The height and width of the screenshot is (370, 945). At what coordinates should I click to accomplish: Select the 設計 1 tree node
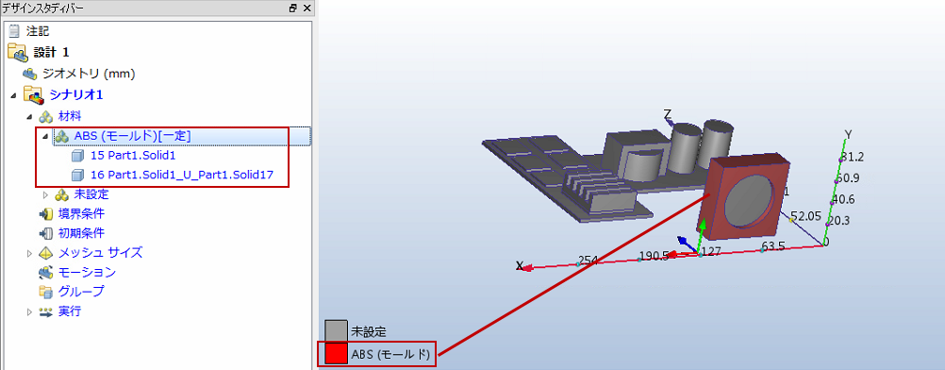coord(51,53)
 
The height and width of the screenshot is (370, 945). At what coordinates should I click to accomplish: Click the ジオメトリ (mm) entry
coord(88,75)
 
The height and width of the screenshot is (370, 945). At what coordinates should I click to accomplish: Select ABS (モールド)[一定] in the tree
coord(133,137)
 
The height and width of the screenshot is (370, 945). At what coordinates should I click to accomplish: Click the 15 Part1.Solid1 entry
coord(133,156)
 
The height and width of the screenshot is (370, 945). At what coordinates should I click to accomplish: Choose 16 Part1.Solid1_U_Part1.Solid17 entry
coord(182,175)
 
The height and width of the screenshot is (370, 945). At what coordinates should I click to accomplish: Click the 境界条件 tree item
coord(81,213)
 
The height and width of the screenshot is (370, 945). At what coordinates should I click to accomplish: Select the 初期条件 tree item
coord(81,233)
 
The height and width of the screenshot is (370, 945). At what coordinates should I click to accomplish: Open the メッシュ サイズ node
coord(100,252)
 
